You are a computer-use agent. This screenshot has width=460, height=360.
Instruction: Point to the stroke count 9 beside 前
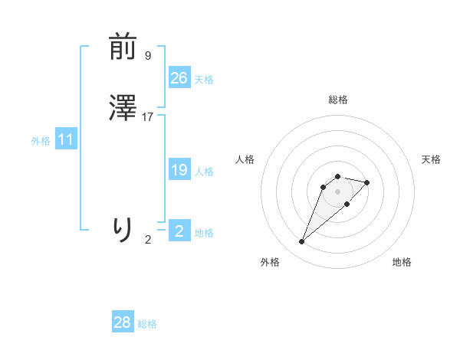point(148,56)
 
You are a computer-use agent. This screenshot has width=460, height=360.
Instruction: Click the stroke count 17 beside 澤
point(148,117)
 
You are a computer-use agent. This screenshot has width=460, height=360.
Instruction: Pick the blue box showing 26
point(179,78)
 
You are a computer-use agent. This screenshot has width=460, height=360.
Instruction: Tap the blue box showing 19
point(179,170)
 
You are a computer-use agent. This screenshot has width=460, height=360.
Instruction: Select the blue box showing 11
point(66,140)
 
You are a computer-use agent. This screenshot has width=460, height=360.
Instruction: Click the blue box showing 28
point(123,322)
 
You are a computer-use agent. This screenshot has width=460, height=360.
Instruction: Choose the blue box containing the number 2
point(179,231)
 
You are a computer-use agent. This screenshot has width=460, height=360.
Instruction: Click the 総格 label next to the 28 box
point(147,324)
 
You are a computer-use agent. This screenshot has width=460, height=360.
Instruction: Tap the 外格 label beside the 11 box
point(41,141)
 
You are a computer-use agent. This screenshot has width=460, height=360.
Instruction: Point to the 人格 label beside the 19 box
point(205,172)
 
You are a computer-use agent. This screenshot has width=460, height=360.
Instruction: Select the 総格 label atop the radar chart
point(338,100)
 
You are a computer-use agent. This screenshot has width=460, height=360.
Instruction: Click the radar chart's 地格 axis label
point(402,262)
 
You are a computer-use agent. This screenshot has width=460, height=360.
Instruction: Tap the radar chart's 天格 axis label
point(431,159)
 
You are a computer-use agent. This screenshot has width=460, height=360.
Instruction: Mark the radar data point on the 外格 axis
point(301,242)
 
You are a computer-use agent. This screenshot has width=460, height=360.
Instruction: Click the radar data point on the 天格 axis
point(367,182)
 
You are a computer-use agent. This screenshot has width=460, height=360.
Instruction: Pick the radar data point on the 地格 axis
point(347,204)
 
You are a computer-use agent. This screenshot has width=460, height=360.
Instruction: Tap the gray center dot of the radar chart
point(337,191)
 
